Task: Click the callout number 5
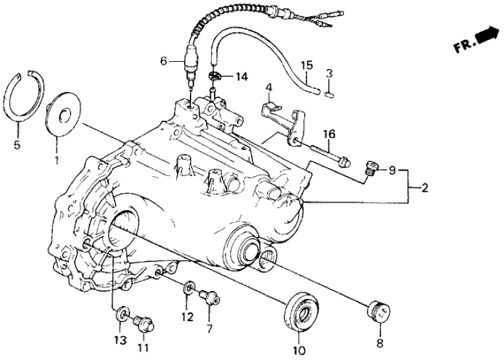[x=17, y=144]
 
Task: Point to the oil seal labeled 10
[x=299, y=311]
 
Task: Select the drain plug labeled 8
[x=378, y=311]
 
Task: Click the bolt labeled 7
[x=207, y=298]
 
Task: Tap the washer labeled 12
[x=187, y=287]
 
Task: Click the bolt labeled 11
[x=141, y=322]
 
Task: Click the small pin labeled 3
[x=329, y=92]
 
